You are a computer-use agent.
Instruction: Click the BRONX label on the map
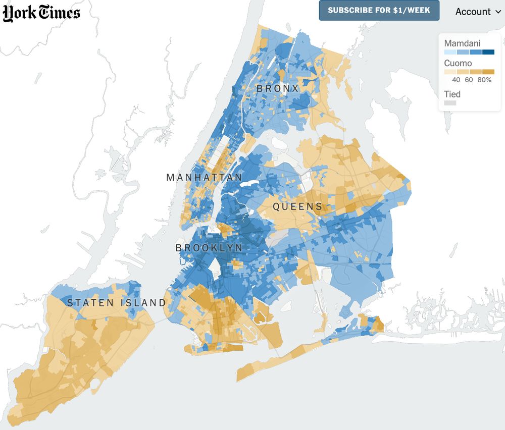[278, 89]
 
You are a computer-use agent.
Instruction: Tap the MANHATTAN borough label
[204, 178]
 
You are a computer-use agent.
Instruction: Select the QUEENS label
[297, 206]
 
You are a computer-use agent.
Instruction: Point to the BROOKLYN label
[209, 248]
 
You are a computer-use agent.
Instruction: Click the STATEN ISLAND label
[117, 303]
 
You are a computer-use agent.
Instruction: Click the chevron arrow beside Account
[498, 12]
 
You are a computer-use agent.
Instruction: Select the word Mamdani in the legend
[462, 43]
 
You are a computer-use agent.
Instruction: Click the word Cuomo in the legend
[458, 64]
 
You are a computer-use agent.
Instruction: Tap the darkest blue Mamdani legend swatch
[488, 52]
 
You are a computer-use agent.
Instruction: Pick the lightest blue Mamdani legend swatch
[450, 52]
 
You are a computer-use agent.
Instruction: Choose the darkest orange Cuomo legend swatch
[488, 72]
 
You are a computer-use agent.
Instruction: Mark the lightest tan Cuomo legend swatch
[450, 72]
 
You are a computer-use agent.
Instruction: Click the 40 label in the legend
[456, 80]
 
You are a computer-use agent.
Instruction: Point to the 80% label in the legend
[484, 80]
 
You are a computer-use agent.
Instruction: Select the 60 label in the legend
[469, 80]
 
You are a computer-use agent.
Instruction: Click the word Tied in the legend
[452, 94]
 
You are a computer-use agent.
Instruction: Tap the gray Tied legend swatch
[450, 103]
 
